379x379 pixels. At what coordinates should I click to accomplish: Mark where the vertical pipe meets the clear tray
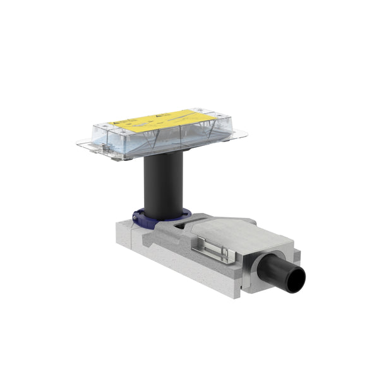tap(162, 154)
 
